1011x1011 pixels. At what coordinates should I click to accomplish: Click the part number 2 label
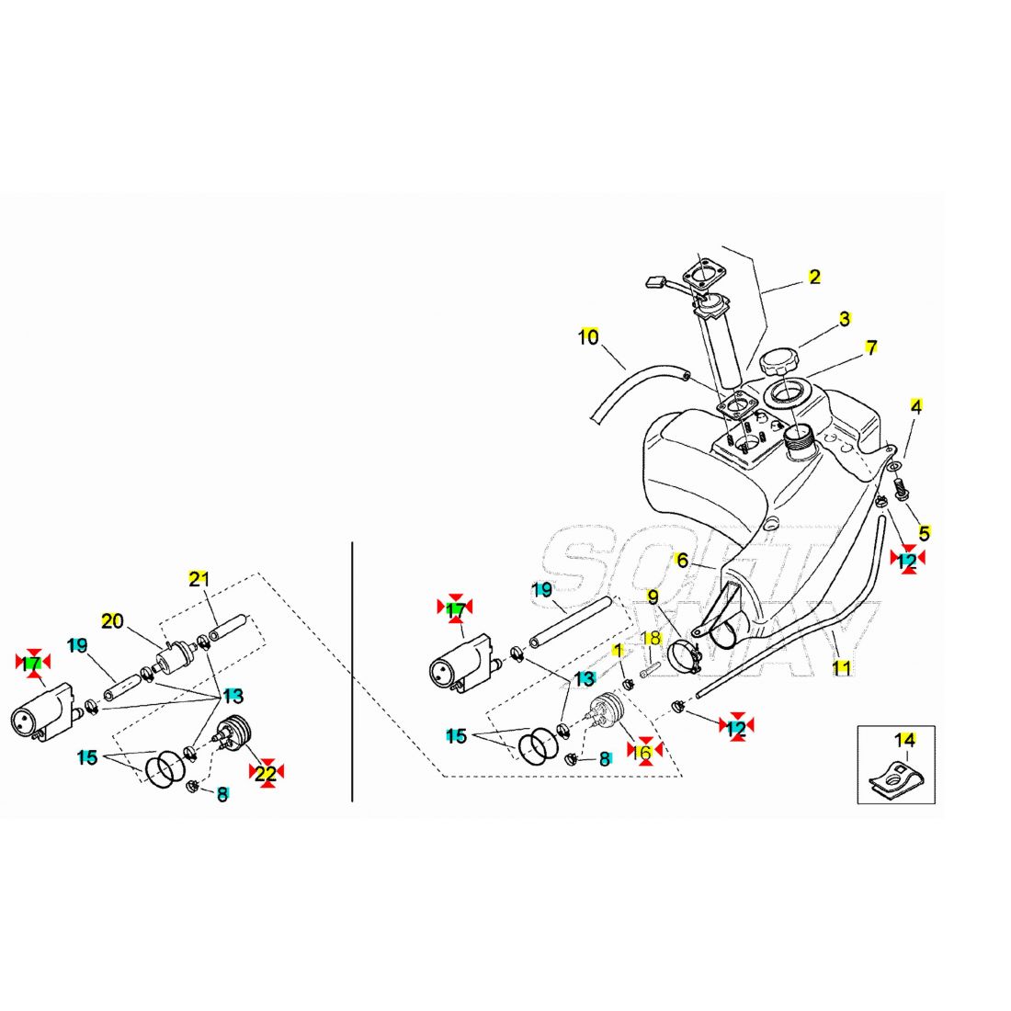(814, 277)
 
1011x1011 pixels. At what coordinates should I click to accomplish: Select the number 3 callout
(844, 320)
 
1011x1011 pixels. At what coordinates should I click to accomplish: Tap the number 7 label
(870, 348)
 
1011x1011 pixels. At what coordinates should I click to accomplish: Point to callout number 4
(916, 405)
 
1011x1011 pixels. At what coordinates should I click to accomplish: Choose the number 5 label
(924, 532)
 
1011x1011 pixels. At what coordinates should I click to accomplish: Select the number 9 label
(653, 597)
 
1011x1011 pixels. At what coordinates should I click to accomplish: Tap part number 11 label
(841, 668)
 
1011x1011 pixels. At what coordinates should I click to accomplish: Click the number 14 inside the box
(905, 740)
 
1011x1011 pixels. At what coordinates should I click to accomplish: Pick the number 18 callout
(651, 638)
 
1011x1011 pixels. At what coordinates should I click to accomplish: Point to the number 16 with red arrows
(644, 751)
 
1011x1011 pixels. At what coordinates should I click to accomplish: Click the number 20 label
(112, 621)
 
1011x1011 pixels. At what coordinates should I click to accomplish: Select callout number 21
(199, 579)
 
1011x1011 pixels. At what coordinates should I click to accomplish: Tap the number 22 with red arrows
(265, 774)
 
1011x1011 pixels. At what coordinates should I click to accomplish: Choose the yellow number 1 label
(619, 650)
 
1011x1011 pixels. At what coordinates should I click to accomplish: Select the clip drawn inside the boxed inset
(895, 778)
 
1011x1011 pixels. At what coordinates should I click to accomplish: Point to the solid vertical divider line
(353, 671)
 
